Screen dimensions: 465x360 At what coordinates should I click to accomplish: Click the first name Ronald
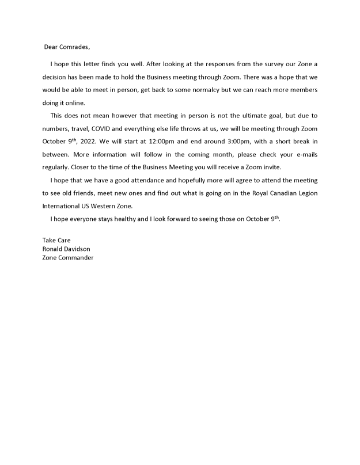pos(53,249)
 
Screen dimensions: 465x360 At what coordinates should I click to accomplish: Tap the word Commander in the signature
pos(76,257)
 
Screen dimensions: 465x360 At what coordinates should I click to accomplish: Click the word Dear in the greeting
pos(52,47)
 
